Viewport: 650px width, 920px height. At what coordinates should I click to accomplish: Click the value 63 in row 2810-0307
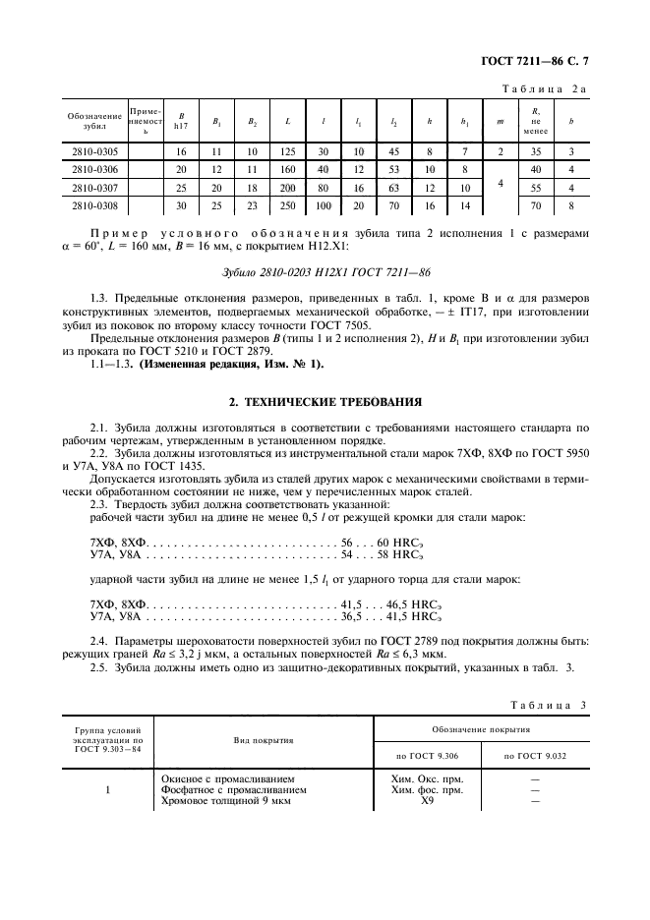[x=393, y=188]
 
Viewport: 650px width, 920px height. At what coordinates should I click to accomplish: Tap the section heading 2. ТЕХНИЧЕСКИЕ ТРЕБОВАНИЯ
[x=325, y=401]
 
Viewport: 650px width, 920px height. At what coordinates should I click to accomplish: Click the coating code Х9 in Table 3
[x=427, y=802]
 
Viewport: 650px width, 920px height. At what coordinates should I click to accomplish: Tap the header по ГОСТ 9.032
[x=536, y=755]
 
